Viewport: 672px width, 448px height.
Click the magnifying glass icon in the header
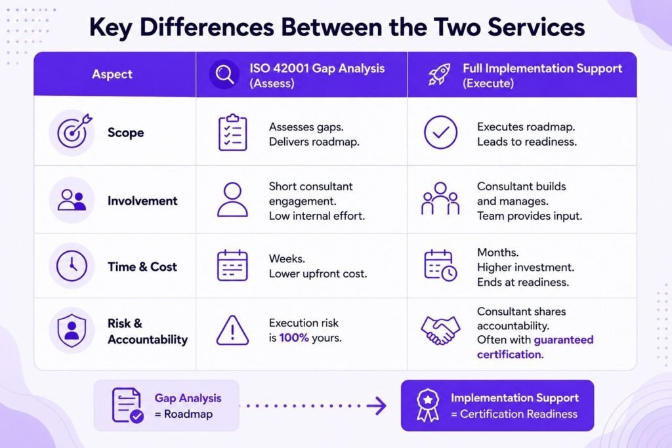pos(224,75)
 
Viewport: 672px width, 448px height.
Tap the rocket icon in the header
pos(439,75)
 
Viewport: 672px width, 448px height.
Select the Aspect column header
pos(112,74)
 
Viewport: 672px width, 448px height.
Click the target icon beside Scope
pos(73,131)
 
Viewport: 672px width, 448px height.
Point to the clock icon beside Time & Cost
pos(72,266)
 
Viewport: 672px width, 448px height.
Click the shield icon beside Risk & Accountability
pos(72,330)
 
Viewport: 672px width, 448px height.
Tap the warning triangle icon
pos(232,330)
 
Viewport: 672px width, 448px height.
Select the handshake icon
pos(440,330)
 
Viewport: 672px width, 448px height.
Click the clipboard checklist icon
pos(233,132)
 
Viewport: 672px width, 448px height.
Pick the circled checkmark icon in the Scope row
pos(440,132)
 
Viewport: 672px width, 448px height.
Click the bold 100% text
pos(294,338)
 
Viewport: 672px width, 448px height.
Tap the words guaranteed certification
pos(535,348)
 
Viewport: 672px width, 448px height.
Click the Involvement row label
pos(142,201)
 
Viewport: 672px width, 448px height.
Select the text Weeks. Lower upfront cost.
pos(318,266)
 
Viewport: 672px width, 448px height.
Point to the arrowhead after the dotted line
pos(377,405)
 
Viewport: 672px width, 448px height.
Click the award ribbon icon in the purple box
pos(428,405)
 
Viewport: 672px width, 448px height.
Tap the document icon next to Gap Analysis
pos(127,405)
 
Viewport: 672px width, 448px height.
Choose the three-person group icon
pos(440,198)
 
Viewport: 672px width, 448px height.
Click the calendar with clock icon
pos(440,266)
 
